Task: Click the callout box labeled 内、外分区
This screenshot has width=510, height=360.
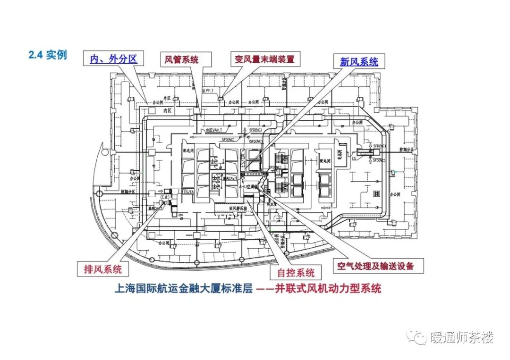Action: (114, 59)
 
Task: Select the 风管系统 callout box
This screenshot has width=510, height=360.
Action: (181, 59)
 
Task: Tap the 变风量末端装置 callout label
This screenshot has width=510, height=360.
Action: (264, 59)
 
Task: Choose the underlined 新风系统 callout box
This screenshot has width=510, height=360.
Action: (359, 61)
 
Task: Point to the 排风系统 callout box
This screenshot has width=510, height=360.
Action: (103, 269)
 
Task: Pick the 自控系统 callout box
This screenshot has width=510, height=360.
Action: (296, 272)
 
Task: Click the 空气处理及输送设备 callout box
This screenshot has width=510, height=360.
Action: (375, 266)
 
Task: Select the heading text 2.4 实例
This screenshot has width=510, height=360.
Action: (48, 55)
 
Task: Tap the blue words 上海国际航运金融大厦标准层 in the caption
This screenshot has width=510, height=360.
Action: (184, 288)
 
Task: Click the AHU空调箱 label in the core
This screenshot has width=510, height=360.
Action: (247, 186)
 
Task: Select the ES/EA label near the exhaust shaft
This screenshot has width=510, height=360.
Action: (188, 192)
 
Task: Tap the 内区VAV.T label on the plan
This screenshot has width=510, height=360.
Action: (211, 130)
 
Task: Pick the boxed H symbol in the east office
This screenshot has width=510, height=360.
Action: (377, 193)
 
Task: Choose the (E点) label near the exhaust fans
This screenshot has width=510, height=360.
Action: (165, 196)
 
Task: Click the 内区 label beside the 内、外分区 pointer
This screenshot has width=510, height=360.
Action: (166, 110)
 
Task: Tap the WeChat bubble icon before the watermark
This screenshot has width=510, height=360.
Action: (417, 337)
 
